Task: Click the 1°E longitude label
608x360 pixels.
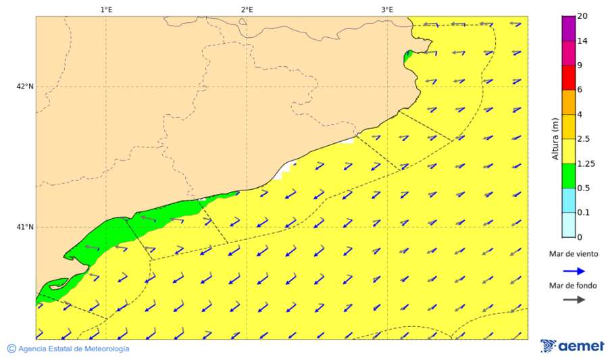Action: [x=106, y=9]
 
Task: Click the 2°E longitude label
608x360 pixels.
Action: [x=247, y=9]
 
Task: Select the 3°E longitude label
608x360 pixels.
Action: [x=387, y=9]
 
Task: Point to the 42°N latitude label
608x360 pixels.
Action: [x=25, y=86]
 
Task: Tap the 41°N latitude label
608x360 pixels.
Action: [x=25, y=227]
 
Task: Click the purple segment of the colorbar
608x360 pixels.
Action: [x=568, y=28]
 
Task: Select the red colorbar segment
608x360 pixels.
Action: [x=568, y=78]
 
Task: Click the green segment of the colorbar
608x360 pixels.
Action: [x=568, y=176]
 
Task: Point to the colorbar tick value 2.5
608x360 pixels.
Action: [x=584, y=139]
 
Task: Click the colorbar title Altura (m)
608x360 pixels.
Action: [x=555, y=138]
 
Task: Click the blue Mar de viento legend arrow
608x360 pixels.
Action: [x=574, y=270]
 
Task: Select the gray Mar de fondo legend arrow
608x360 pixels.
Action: [x=574, y=300]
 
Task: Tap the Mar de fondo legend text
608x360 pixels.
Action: [x=574, y=286]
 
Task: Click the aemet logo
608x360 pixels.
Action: [x=572, y=346]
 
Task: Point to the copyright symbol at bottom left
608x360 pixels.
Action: [x=11, y=349]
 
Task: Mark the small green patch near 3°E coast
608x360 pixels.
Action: [x=407, y=56]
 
